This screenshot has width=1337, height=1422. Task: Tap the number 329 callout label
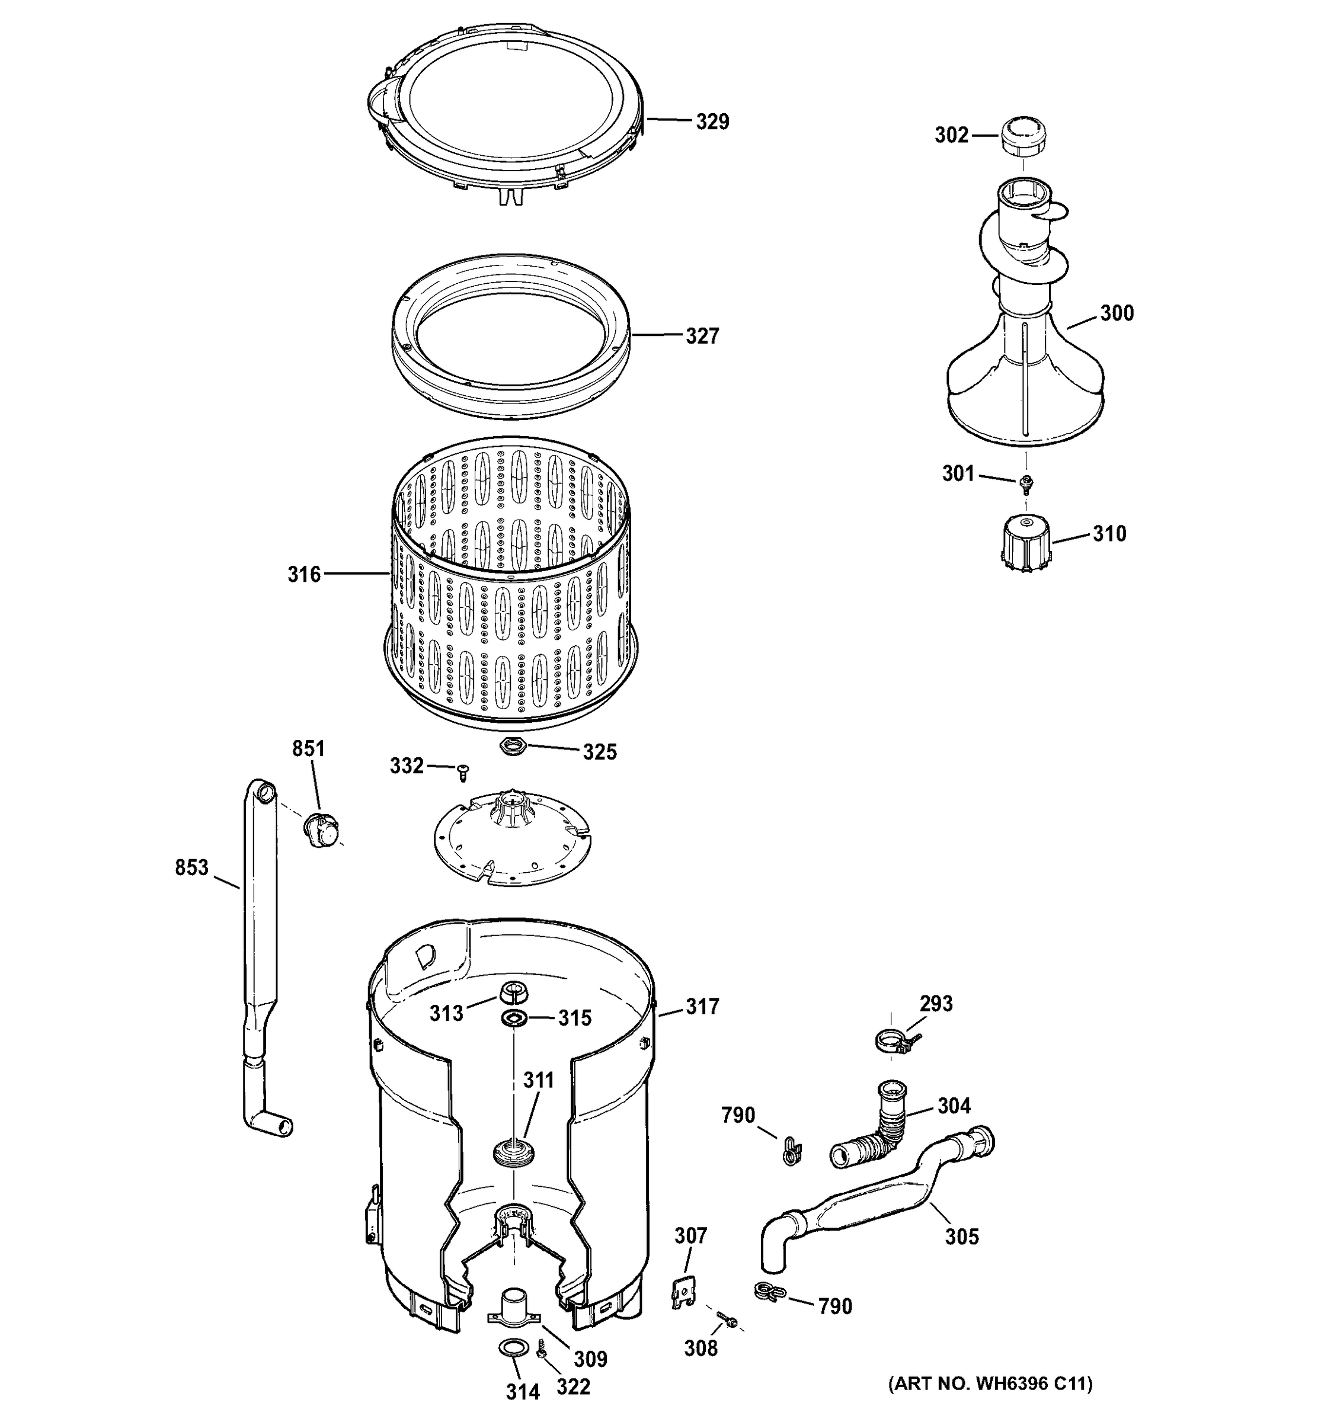tap(712, 121)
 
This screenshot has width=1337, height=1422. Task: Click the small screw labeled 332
tap(463, 772)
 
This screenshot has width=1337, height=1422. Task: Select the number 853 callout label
tap(191, 867)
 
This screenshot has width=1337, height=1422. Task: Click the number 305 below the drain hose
tap(961, 1237)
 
